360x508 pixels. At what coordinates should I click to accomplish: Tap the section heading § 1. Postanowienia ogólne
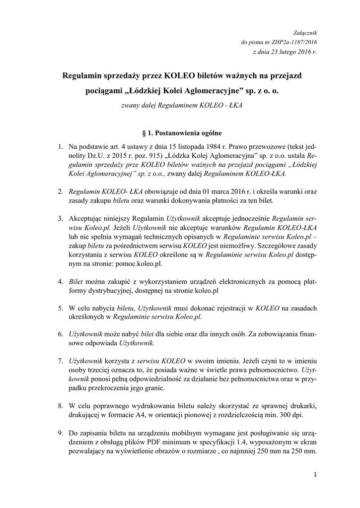pos(182,133)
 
